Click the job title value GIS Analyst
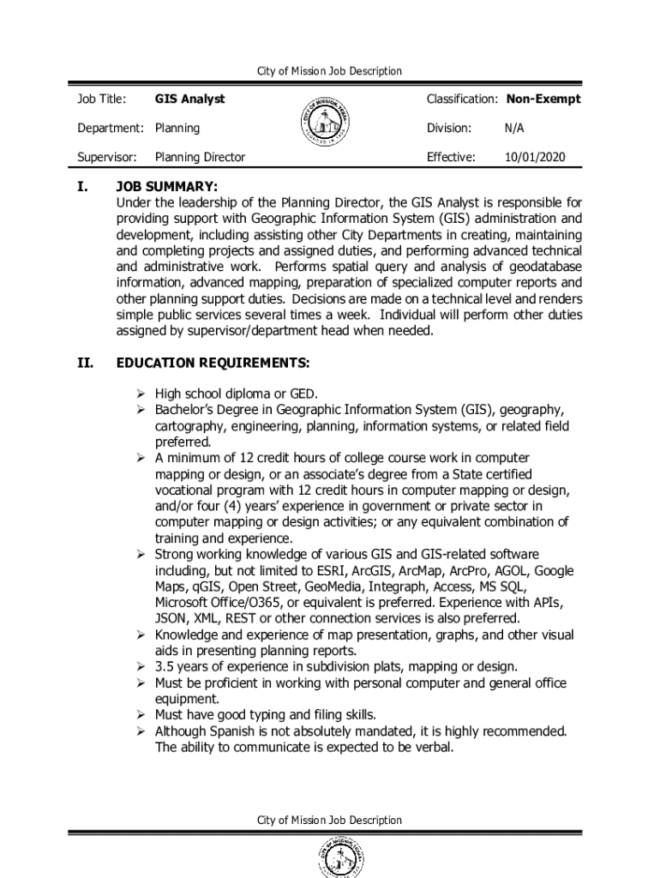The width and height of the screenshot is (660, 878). [189, 99]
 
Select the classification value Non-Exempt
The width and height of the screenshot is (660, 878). [543, 99]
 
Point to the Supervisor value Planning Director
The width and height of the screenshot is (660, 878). [200, 157]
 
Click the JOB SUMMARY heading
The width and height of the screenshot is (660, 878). [167, 187]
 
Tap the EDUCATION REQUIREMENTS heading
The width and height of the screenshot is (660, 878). [213, 363]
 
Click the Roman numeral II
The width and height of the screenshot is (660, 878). [85, 363]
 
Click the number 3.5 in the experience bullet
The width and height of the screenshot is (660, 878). [165, 667]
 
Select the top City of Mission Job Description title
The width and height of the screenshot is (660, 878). [329, 71]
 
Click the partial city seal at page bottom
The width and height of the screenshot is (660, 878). [330, 859]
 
